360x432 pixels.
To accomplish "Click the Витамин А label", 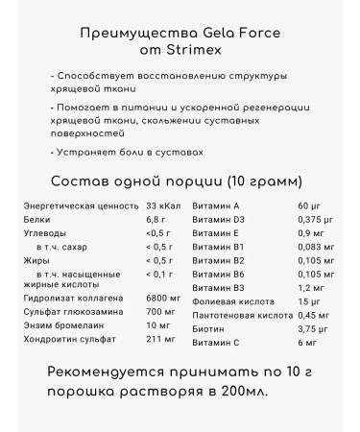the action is [216, 205].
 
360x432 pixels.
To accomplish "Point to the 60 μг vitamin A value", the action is [308, 205].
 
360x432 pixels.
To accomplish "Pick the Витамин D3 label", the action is [219, 219].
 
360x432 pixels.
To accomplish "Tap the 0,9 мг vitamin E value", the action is [310, 232].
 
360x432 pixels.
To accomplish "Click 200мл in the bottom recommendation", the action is [243, 392].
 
